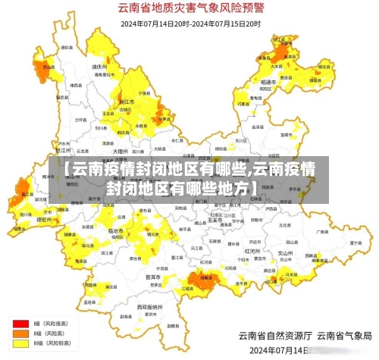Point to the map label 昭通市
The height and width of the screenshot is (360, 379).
[x=268, y=81]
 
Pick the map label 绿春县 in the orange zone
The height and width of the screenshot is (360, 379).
[x=205, y=278]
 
